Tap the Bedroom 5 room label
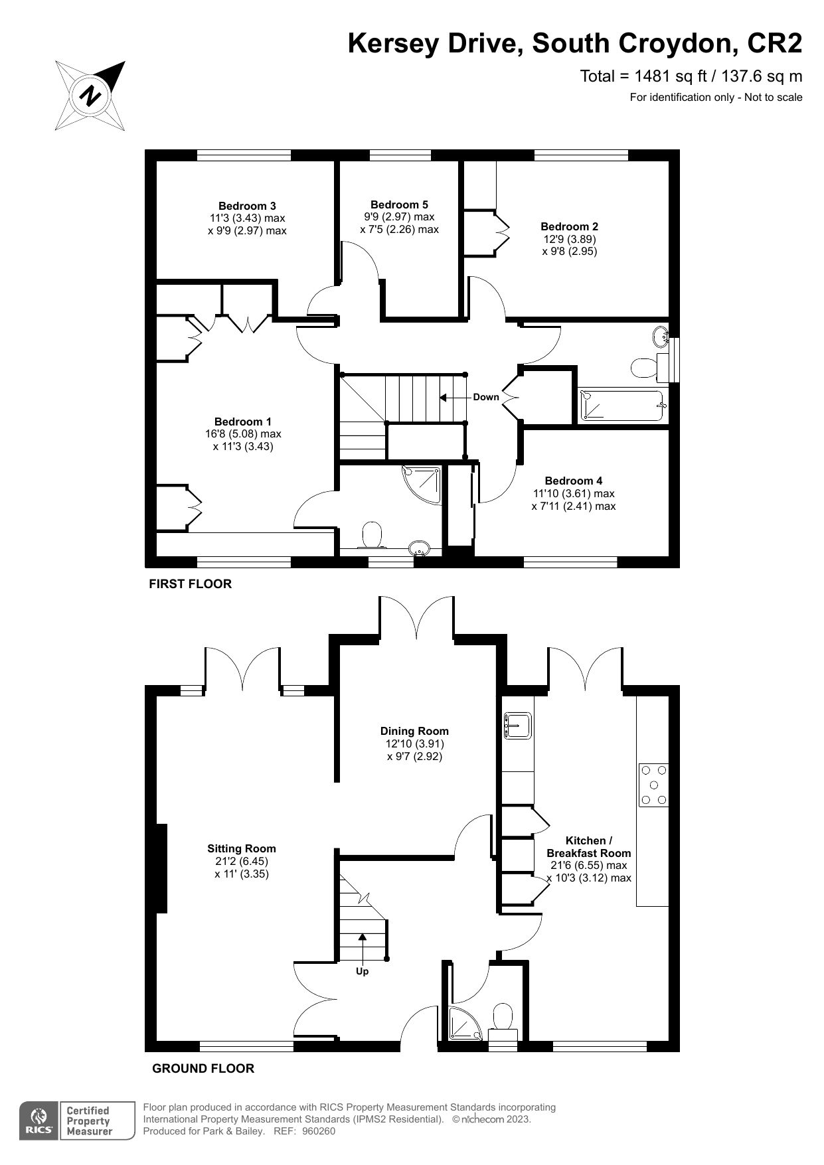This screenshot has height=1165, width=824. pos(399,204)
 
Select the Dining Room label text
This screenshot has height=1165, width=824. pos(414,731)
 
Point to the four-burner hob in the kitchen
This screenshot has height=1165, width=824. pos(653,785)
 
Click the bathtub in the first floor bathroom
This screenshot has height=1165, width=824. pos(621,406)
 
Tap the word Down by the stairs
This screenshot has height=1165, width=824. pos(485,397)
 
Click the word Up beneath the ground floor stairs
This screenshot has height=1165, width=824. pos(363,971)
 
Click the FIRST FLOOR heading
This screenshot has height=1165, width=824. pos(190,584)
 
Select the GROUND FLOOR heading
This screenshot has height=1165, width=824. pos(203,1069)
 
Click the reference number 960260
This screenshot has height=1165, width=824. pos(319,1132)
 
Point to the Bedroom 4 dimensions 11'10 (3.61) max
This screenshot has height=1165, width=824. pos(573,493)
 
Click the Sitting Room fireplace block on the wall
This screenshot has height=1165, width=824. pos(161,868)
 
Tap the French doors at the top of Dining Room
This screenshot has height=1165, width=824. pos(416,617)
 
